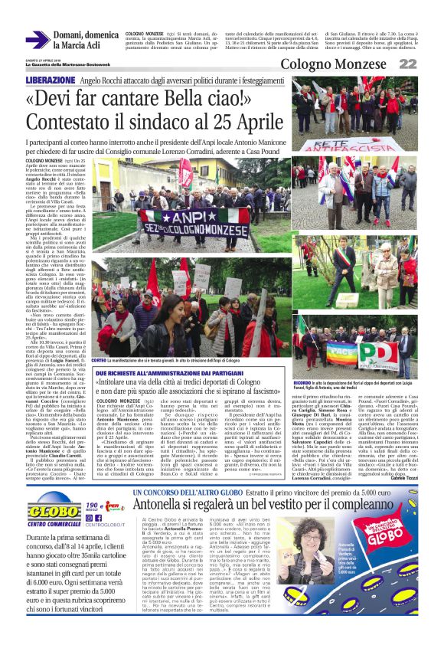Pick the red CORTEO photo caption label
tap(98, 359)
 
